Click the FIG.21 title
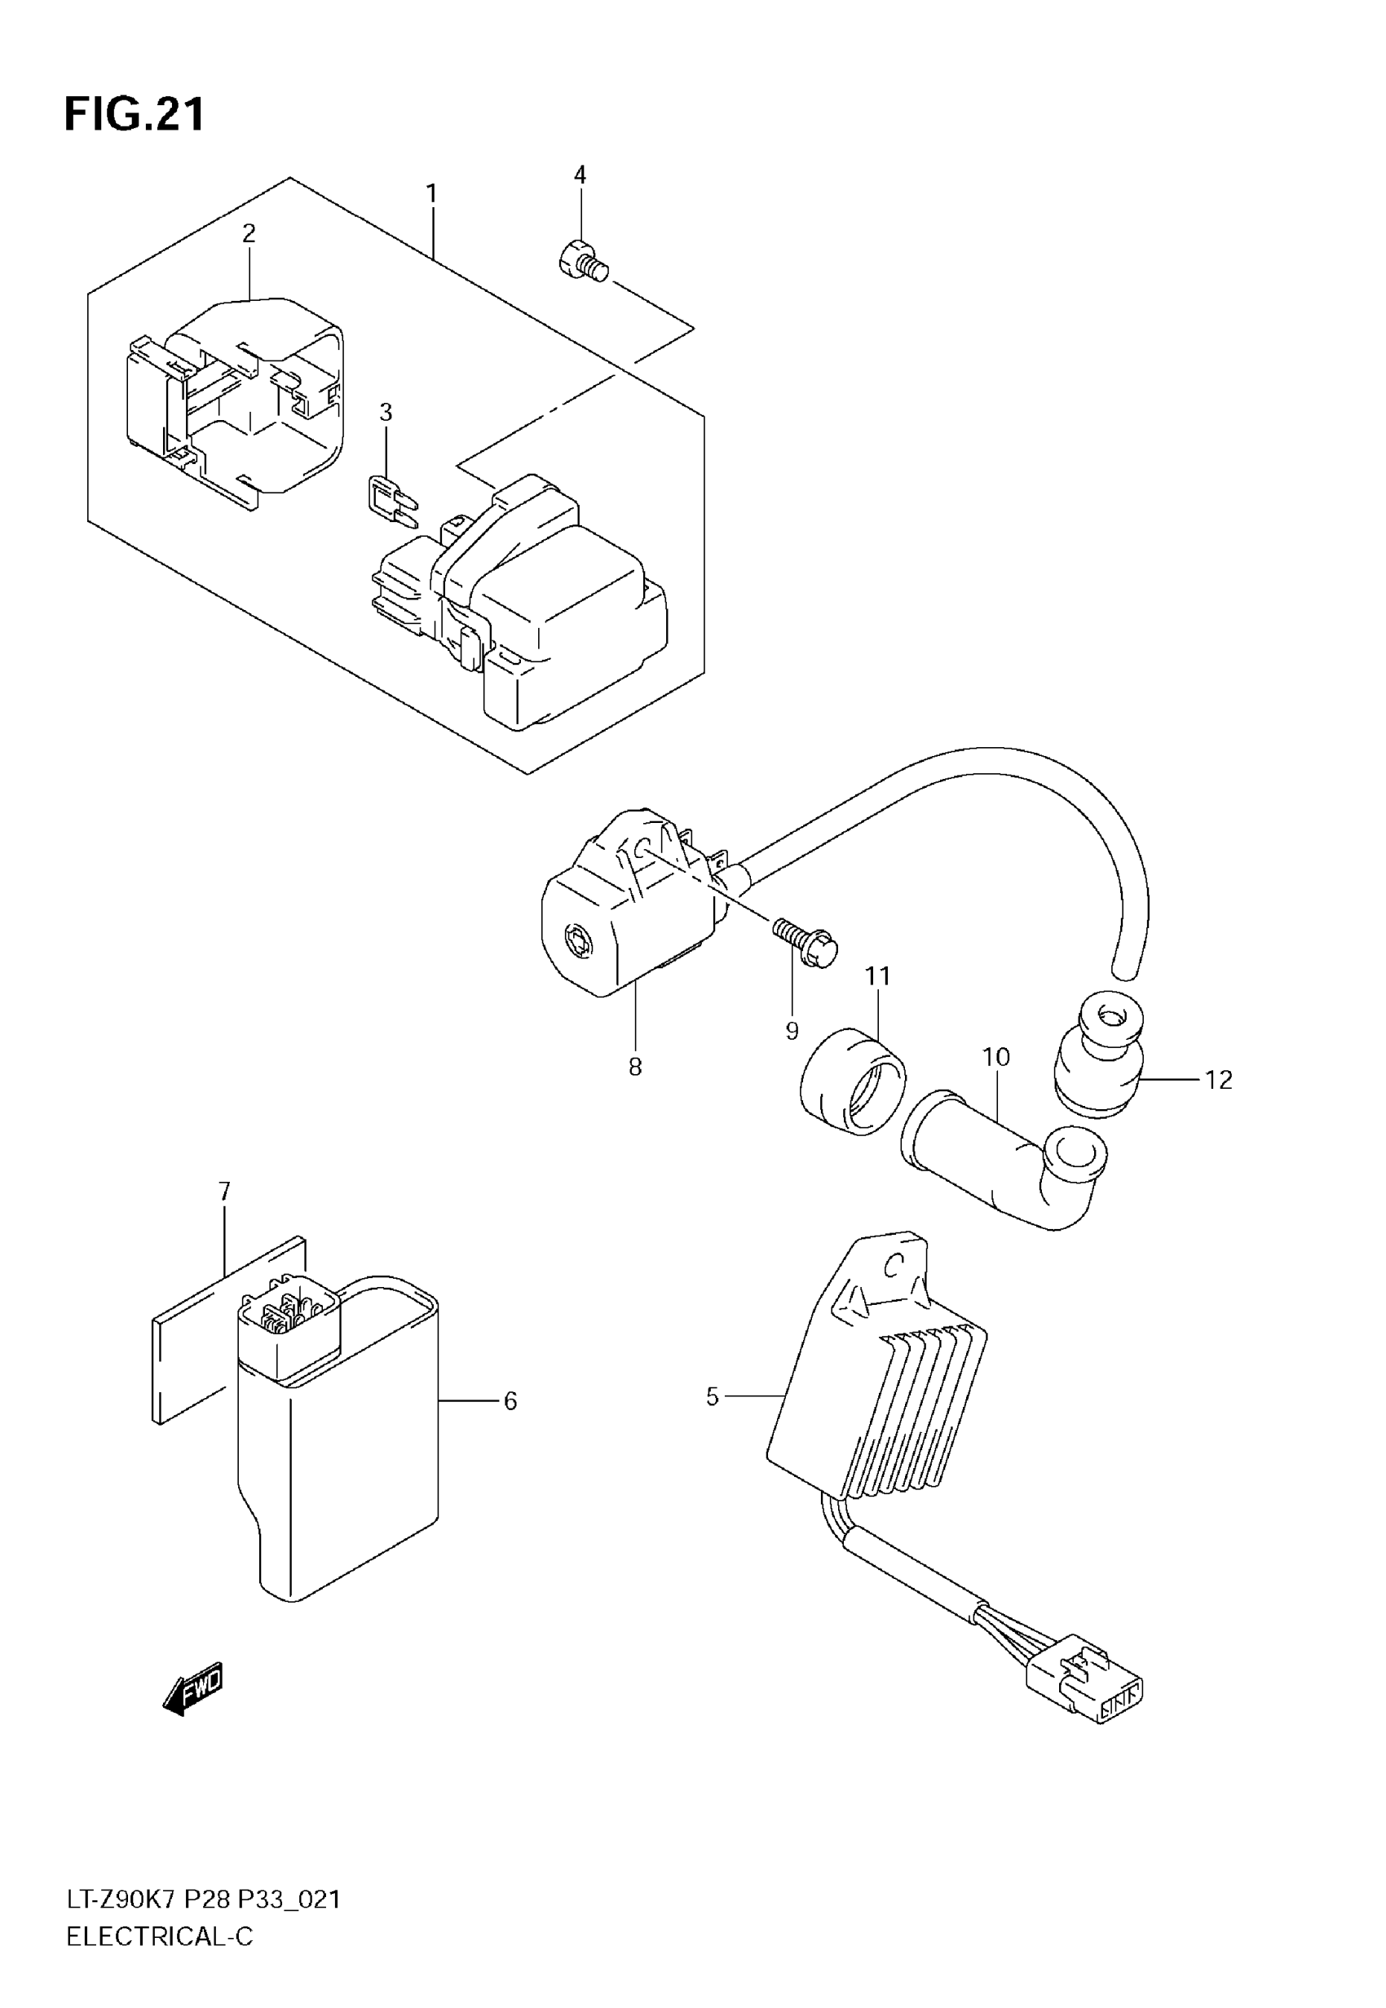coord(135,115)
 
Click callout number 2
coord(249,232)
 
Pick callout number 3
coord(386,412)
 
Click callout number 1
coord(431,192)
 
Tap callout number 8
coord(635,1067)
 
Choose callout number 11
coord(878,976)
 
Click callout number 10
coord(995,1057)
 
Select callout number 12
coord(1218,1080)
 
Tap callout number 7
coord(224,1192)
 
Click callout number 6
coord(510,1401)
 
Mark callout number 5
coord(712,1396)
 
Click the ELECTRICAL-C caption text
coord(160,1936)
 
